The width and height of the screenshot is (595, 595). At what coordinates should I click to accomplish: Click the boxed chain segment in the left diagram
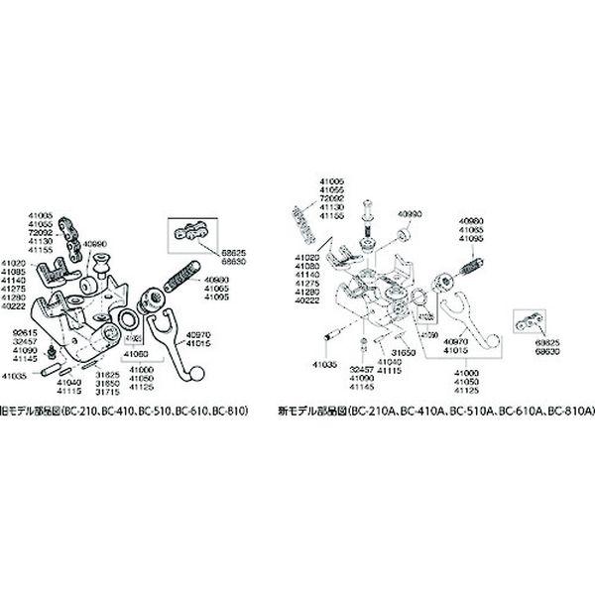[187, 233]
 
